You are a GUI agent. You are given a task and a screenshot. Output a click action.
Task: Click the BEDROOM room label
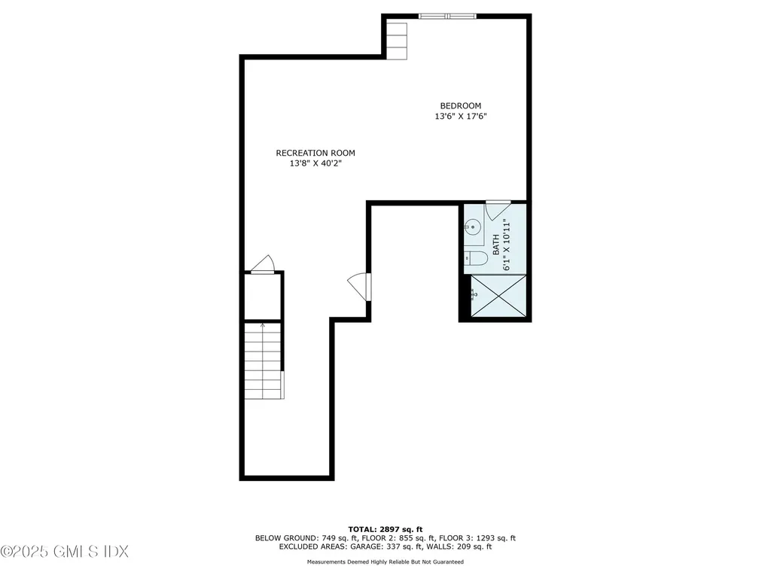[x=460, y=106]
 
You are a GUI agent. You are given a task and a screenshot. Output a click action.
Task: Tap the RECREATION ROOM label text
[x=315, y=153]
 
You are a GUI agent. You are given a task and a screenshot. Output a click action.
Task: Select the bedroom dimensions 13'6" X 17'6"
[x=465, y=117]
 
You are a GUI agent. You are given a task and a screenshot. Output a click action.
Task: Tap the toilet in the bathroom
[x=474, y=258]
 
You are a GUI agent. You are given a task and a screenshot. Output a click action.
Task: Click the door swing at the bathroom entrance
[x=498, y=209]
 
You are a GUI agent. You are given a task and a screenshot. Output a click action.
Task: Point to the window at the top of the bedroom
[x=447, y=16]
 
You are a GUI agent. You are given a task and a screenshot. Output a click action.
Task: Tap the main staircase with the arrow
[x=264, y=360]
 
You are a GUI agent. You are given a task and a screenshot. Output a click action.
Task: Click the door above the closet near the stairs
[x=264, y=264]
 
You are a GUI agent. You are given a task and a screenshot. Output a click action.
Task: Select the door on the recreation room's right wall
[x=360, y=287]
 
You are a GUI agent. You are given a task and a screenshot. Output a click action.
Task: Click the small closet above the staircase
[x=262, y=297]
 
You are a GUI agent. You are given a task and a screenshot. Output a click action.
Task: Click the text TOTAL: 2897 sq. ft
[x=385, y=529]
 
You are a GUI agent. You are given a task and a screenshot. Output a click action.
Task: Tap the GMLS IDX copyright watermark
[x=65, y=552]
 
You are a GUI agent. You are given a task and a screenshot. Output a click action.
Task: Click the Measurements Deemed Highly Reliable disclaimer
[x=385, y=562]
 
